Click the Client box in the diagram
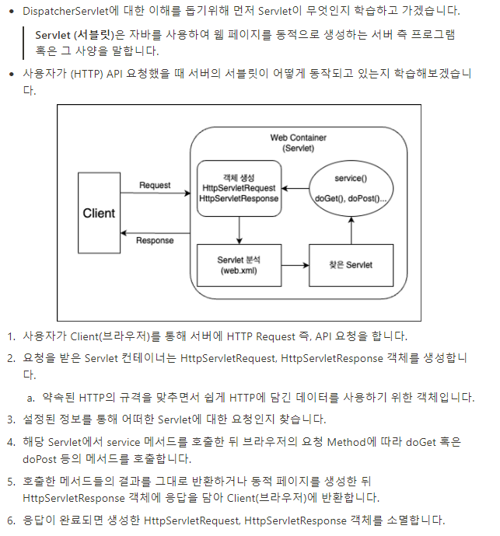click(x=99, y=213)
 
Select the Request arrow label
click(x=155, y=186)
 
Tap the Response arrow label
click(x=155, y=240)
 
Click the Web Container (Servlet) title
click(x=298, y=143)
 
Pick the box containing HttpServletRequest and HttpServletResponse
click(x=239, y=188)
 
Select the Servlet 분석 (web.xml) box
click(x=239, y=265)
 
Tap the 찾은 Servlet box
click(x=351, y=265)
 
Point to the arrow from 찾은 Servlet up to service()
click(x=351, y=230)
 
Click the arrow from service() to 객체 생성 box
click(x=295, y=188)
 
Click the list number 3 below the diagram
click(x=11, y=419)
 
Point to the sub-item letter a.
click(x=31, y=398)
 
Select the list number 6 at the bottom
click(x=11, y=519)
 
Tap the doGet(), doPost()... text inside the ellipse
click(x=351, y=199)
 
